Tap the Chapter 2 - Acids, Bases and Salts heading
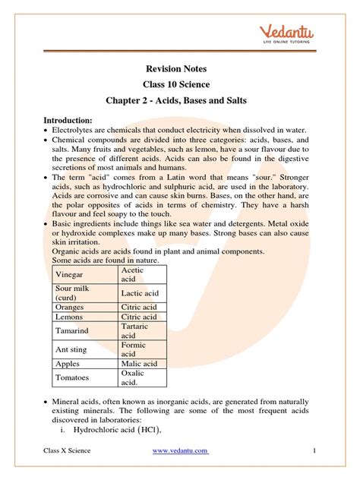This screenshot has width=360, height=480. coord(179,101)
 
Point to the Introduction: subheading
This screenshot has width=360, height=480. coord(68,120)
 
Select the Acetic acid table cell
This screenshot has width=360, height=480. coord(134,274)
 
